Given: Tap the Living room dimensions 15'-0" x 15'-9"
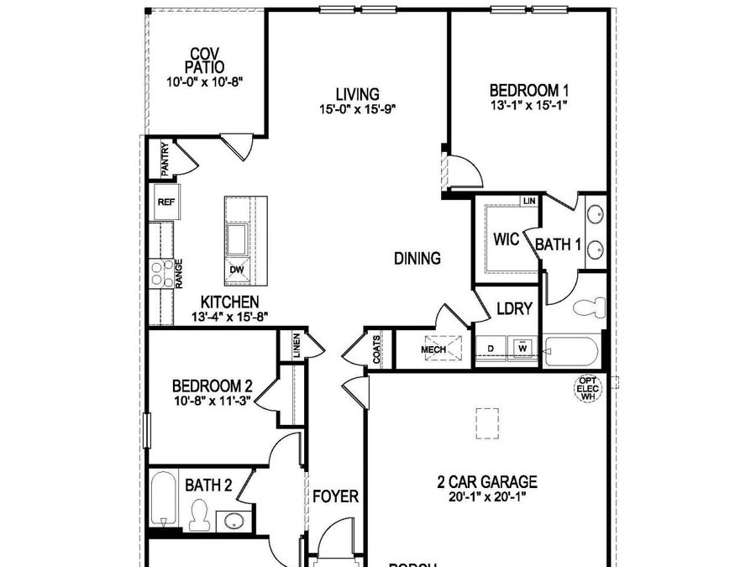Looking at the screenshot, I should pyautogui.click(x=357, y=108).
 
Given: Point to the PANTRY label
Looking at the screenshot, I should pyautogui.click(x=165, y=160).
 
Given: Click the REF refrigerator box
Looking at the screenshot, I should pyautogui.click(x=165, y=202).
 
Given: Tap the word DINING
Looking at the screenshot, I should pyautogui.click(x=417, y=259).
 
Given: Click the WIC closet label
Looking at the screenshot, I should pyautogui.click(x=507, y=239).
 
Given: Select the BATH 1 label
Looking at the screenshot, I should pyautogui.click(x=559, y=245).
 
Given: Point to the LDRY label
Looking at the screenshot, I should pyautogui.click(x=514, y=308).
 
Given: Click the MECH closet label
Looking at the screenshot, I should pyautogui.click(x=433, y=349).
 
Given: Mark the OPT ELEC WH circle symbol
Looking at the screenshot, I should pyautogui.click(x=586, y=389).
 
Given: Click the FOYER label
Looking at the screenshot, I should pyautogui.click(x=336, y=496).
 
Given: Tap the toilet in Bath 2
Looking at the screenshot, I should pyautogui.click(x=199, y=514).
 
